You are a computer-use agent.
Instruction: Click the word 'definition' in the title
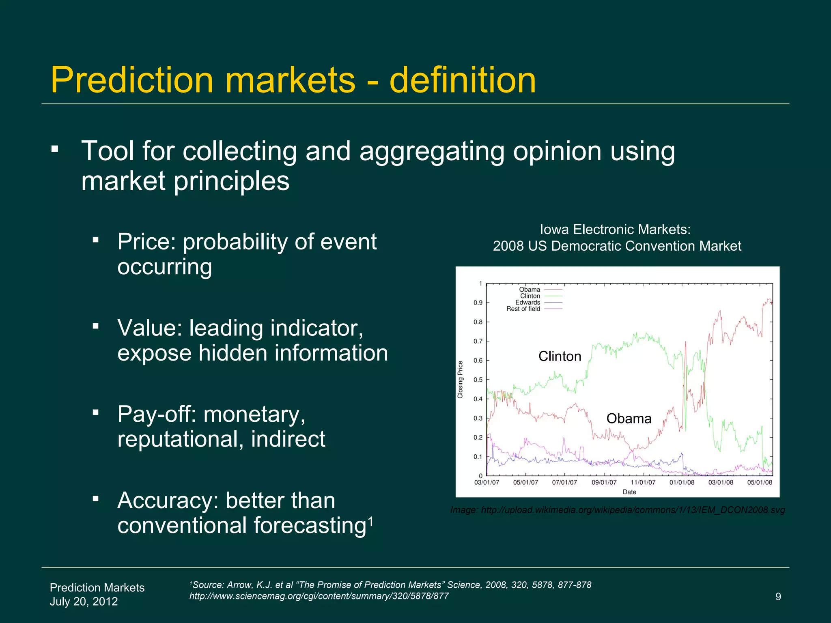coord(463,80)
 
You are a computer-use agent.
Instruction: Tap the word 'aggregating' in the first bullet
coord(431,151)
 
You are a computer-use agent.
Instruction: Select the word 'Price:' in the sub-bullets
coord(146,242)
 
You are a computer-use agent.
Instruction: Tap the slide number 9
coord(778,597)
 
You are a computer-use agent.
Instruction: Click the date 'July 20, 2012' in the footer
coord(84,601)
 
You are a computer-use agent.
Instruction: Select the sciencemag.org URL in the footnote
coord(319,596)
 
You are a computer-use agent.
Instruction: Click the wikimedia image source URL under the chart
coord(633,510)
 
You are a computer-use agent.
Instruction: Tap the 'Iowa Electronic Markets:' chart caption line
coord(615,230)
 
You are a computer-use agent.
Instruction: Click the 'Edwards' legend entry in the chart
coord(527,303)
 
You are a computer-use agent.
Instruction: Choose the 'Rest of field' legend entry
coord(523,309)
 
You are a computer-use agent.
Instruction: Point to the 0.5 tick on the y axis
coord(478,380)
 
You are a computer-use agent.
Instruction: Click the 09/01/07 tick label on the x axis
coord(604,483)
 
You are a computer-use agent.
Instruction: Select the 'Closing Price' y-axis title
coord(460,380)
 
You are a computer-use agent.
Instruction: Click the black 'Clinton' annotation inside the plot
coord(560,357)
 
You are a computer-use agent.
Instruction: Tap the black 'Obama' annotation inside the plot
coord(629,419)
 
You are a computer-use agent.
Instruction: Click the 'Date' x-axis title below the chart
coord(629,492)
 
